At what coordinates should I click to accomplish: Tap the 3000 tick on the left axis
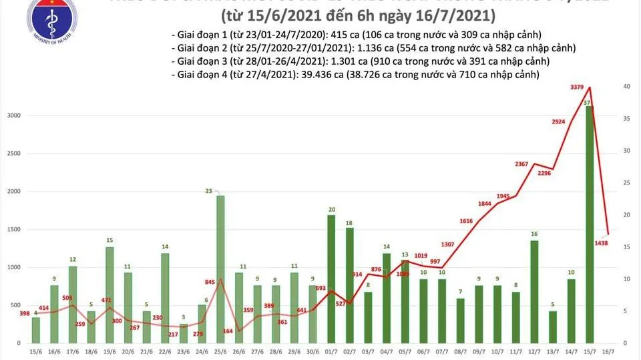pyautogui.click(x=13, y=116)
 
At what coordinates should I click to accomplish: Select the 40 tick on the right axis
pyautogui.click(x=627, y=87)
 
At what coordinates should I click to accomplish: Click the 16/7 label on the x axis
pyautogui.click(x=606, y=351)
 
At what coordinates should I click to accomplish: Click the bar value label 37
pyautogui.click(x=586, y=102)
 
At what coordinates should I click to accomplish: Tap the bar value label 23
pyautogui.click(x=210, y=192)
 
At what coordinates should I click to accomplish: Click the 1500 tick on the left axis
pyautogui.click(x=13, y=229)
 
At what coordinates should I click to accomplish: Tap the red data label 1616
pyautogui.click(x=470, y=220)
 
